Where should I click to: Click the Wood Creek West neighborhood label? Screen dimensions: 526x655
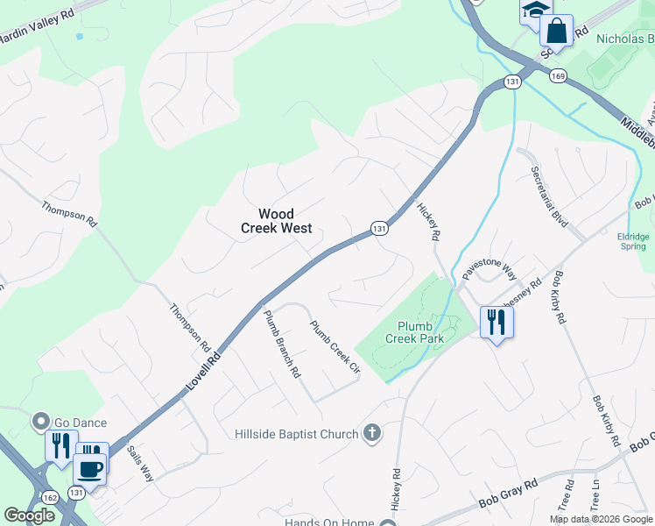[276, 221]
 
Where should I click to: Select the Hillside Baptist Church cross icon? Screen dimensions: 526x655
[372, 432]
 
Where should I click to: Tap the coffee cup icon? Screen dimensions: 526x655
[90, 467]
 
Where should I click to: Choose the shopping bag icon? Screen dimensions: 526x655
[556, 31]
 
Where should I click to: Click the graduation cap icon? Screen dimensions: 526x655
[534, 11]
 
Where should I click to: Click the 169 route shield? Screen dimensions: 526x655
[558, 76]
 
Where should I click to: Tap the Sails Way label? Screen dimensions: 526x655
[140, 463]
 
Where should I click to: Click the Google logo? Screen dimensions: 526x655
[29, 515]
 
